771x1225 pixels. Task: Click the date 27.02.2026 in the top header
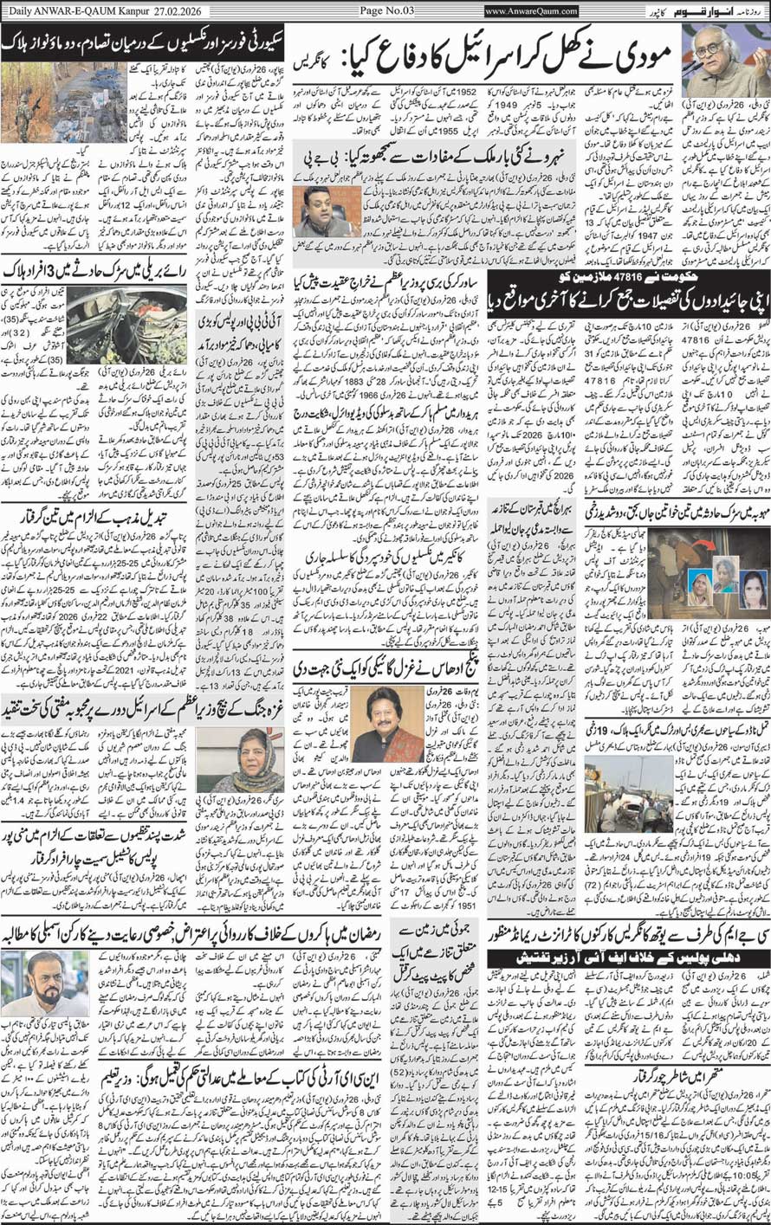[x=179, y=11]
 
